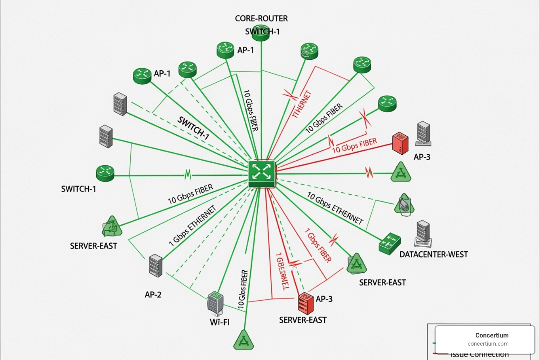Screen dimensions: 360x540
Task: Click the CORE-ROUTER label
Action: click(x=261, y=18)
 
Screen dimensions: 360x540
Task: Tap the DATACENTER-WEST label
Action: click(x=433, y=254)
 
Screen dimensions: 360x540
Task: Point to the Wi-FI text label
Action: click(x=220, y=322)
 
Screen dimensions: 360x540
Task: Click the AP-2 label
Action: click(x=153, y=295)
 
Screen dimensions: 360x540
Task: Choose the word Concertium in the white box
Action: click(x=491, y=335)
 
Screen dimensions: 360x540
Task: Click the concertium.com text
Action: click(x=488, y=344)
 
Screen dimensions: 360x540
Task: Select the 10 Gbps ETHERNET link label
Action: click(x=335, y=208)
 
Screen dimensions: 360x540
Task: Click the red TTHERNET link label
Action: click(x=302, y=104)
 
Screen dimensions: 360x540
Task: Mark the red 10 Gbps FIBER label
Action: click(x=354, y=146)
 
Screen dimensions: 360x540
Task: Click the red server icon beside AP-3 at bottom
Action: click(x=305, y=303)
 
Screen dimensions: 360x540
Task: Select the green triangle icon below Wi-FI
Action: click(x=244, y=340)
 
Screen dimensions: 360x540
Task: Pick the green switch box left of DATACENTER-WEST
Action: click(x=390, y=243)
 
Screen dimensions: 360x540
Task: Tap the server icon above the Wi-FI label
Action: click(x=215, y=303)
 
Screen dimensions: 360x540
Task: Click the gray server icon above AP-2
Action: click(x=155, y=265)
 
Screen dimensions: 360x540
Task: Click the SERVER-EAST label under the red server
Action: click(x=303, y=320)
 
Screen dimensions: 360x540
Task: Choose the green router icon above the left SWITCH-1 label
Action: click(x=105, y=173)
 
